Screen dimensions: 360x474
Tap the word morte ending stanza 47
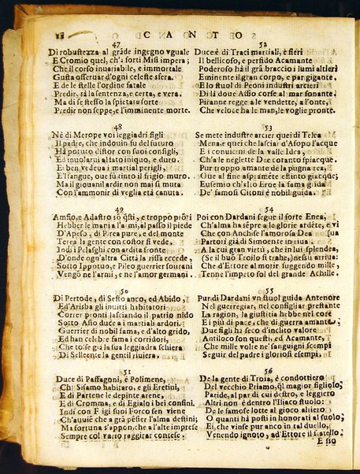pyautogui.click(x=162, y=110)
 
